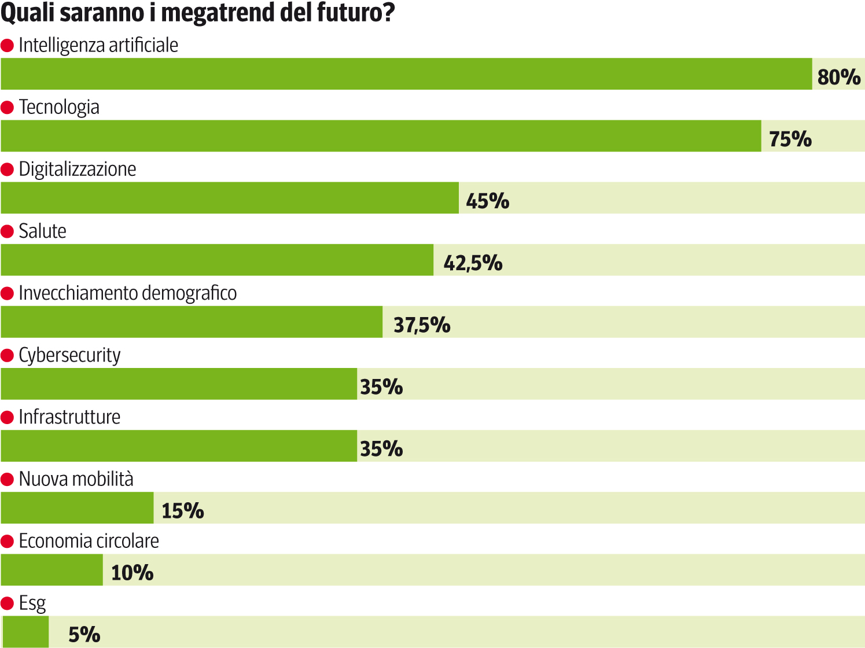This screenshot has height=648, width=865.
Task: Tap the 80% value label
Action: coord(838,76)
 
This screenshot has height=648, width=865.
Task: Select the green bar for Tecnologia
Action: coord(381,136)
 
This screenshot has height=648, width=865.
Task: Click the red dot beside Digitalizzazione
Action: coord(7,170)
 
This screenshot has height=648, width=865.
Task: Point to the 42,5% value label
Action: coord(473,263)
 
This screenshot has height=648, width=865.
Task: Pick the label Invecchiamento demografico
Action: coord(127,293)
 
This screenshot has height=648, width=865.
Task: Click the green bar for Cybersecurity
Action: coord(179,384)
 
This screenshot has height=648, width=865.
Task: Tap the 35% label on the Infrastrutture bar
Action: coord(381,448)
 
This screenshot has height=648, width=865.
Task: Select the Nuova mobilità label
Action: coord(76,479)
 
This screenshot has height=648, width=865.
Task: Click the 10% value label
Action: coord(132,573)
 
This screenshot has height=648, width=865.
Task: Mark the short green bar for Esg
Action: coord(25,632)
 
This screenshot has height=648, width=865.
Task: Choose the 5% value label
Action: coord(84,635)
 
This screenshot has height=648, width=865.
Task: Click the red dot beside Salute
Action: coord(7,231)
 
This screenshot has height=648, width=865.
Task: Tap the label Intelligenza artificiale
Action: coord(98,45)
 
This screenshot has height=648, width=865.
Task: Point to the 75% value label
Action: coord(790,139)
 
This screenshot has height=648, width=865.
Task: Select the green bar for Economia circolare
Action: coord(51,570)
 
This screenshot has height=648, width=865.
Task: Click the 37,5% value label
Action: coord(422,325)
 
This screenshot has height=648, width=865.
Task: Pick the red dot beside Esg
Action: coord(7,603)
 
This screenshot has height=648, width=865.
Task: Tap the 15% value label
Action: coord(182,511)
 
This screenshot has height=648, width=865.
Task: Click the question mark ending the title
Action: coord(388,13)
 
